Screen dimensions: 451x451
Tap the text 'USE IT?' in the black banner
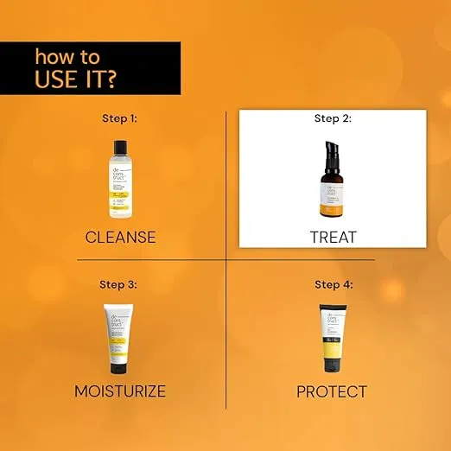coord(76,79)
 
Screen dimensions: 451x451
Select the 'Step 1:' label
coord(120,118)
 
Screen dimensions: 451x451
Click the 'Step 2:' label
coord(333,118)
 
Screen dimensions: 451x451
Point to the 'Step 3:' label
coord(120,283)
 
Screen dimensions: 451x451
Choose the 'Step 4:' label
coord(333,283)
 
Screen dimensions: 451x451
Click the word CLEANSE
coord(120,237)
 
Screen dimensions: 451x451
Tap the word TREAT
coord(333,237)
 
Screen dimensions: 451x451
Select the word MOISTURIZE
coord(120,391)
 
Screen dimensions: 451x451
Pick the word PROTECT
coord(333,391)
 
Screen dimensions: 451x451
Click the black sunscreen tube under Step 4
coord(333,337)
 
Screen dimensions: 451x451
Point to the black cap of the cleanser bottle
coord(120,146)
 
